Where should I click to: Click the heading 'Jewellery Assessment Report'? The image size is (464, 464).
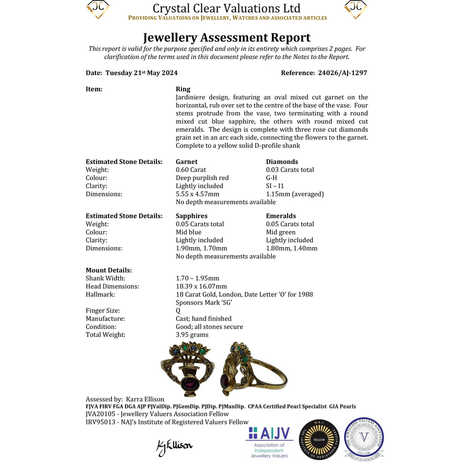[226, 38]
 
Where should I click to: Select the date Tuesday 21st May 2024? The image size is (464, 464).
[141, 73]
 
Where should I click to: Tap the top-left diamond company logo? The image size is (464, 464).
[98, 9]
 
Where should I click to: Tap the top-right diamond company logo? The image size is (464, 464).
[356, 9]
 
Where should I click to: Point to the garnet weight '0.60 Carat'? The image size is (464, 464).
[191, 170]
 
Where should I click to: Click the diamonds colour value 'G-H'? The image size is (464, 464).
[271, 178]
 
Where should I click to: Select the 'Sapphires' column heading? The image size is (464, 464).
[192, 216]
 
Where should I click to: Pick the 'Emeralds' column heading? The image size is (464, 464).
[281, 216]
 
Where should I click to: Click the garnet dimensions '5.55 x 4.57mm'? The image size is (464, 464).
[197, 194]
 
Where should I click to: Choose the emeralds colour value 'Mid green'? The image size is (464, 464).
[281, 233]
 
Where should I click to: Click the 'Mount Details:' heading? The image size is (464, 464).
[108, 270]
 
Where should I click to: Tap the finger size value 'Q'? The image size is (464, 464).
[178, 311]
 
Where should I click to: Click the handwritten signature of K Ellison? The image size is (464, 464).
[175, 445]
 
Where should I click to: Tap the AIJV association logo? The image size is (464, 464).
[269, 442]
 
